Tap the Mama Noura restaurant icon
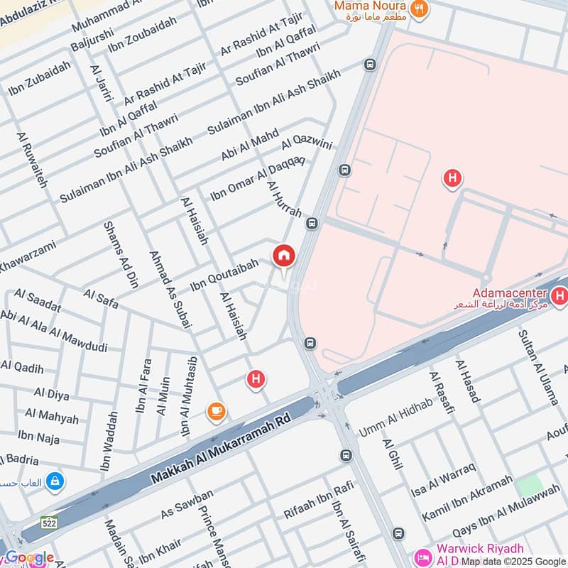(420, 10)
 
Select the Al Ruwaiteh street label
(32, 160)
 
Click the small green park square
(529, 486)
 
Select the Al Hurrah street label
(285, 198)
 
